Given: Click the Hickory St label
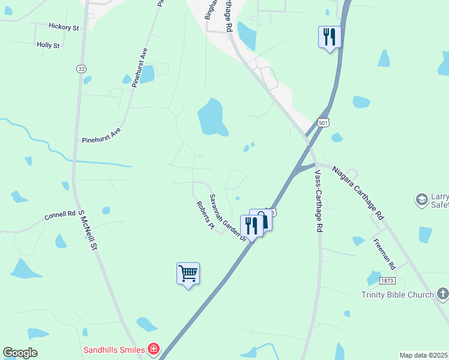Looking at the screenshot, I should [x=64, y=28].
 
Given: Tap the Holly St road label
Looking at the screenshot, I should [x=48, y=45].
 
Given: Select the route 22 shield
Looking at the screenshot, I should [x=81, y=68].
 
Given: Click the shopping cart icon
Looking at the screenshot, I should [x=188, y=274].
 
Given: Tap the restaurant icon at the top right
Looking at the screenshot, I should [x=329, y=37].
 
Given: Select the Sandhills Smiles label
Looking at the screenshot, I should [x=114, y=349].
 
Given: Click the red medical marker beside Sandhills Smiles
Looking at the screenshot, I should [x=154, y=349].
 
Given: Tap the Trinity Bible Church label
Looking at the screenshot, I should [x=397, y=295].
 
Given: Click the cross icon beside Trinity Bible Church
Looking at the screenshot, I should [x=442, y=294].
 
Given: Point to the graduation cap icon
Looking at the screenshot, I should [x=422, y=199].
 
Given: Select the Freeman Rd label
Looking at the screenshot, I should [x=384, y=254].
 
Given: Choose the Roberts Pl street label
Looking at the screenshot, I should [x=205, y=215].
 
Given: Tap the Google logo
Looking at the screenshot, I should [x=20, y=352].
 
